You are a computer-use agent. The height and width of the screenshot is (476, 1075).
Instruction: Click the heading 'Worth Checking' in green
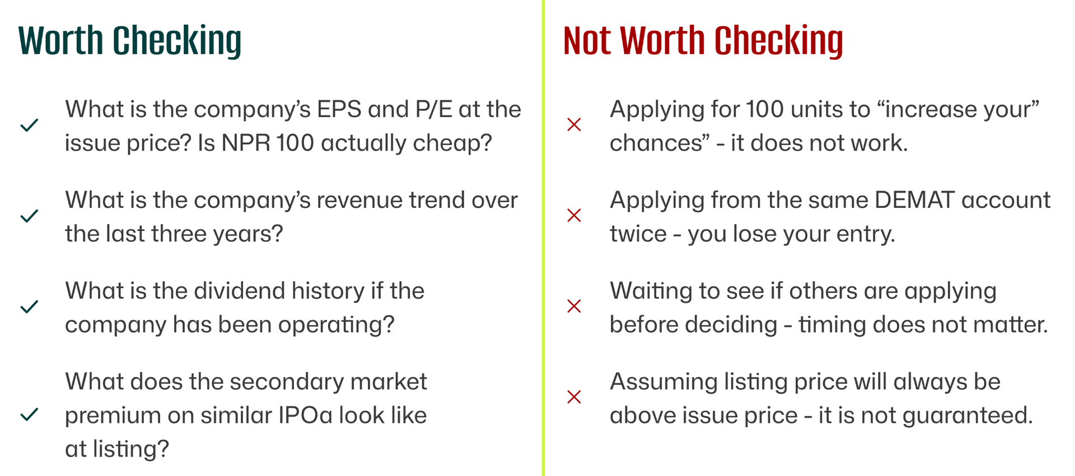tap(130, 41)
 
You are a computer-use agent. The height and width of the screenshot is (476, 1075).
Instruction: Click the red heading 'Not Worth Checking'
tap(703, 41)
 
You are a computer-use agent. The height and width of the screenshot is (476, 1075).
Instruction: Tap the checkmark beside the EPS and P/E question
tap(29, 125)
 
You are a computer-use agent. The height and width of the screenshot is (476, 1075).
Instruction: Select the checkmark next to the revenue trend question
tap(29, 216)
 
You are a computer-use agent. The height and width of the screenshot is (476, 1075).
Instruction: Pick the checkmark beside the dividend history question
tap(29, 306)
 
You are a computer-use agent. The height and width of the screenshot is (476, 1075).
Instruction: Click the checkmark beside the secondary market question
tap(29, 414)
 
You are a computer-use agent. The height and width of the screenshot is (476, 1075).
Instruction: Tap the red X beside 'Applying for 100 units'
tap(574, 125)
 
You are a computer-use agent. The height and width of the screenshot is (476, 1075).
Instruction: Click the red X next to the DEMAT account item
tap(574, 216)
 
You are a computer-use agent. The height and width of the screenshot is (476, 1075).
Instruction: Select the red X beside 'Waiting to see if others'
tap(574, 306)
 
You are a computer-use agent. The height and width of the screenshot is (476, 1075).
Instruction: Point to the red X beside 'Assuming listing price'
tap(574, 397)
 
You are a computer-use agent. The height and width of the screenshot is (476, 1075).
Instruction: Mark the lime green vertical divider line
tap(543, 238)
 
